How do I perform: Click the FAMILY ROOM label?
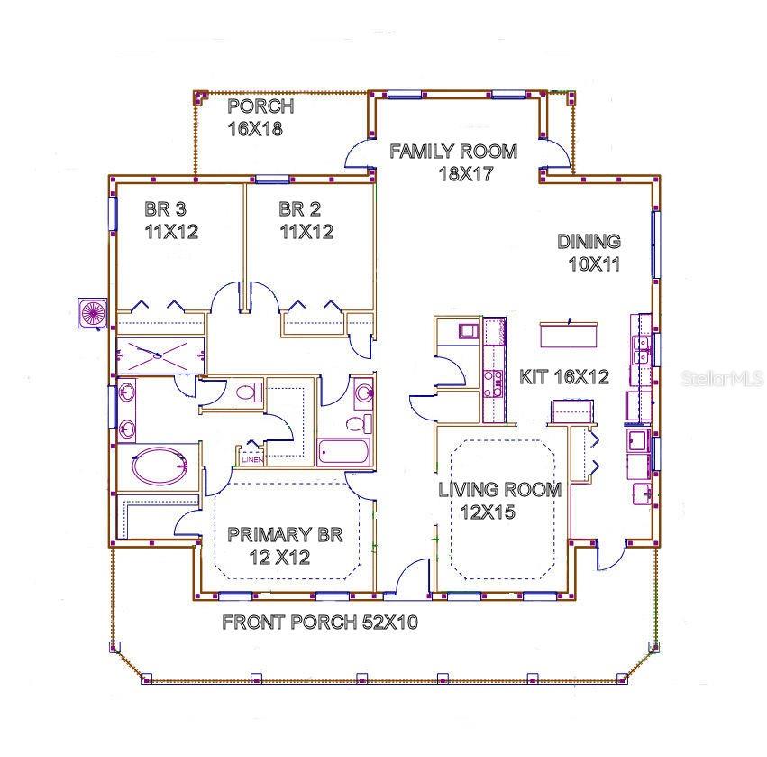452,152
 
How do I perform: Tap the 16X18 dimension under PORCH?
255,128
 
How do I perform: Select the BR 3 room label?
165,209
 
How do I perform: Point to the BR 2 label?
299,209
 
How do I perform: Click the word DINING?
588,242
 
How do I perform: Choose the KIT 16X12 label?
564,377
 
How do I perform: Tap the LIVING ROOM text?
499,490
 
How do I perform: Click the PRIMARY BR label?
284,535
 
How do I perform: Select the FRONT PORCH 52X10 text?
319,623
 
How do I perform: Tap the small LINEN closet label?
251,459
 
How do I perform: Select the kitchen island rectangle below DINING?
569,334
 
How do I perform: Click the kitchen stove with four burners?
494,384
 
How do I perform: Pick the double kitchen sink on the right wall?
642,349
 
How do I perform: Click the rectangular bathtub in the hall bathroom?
344,452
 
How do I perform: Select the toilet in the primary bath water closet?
247,393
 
